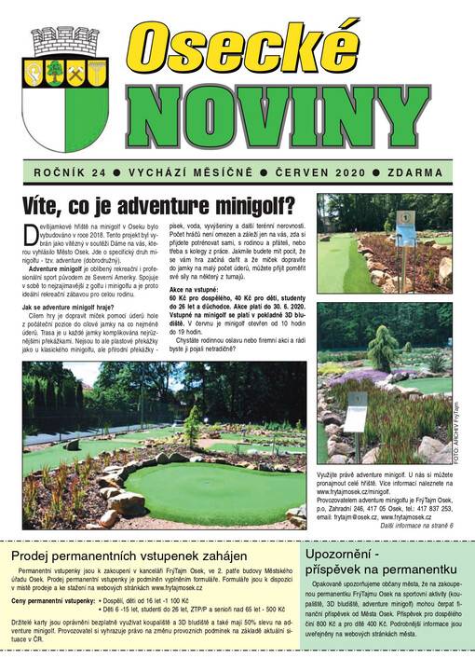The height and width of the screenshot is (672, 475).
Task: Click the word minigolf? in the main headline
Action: (x=247, y=204)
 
